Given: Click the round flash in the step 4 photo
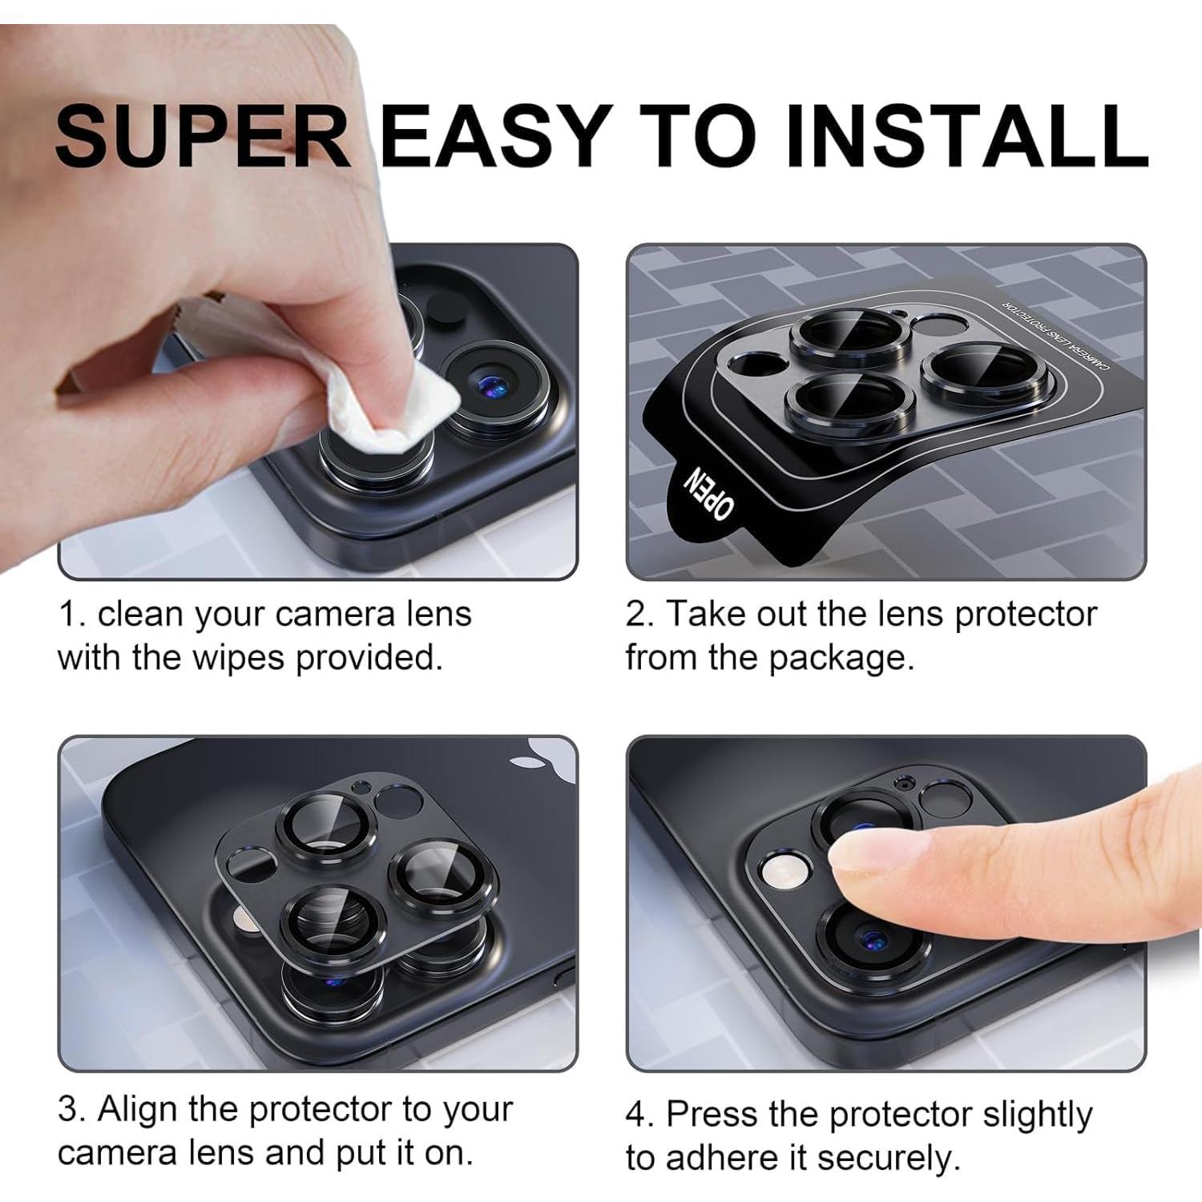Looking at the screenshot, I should (x=781, y=871).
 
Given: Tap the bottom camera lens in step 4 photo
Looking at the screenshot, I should (x=869, y=938).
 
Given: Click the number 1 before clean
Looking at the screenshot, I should (x=69, y=615).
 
